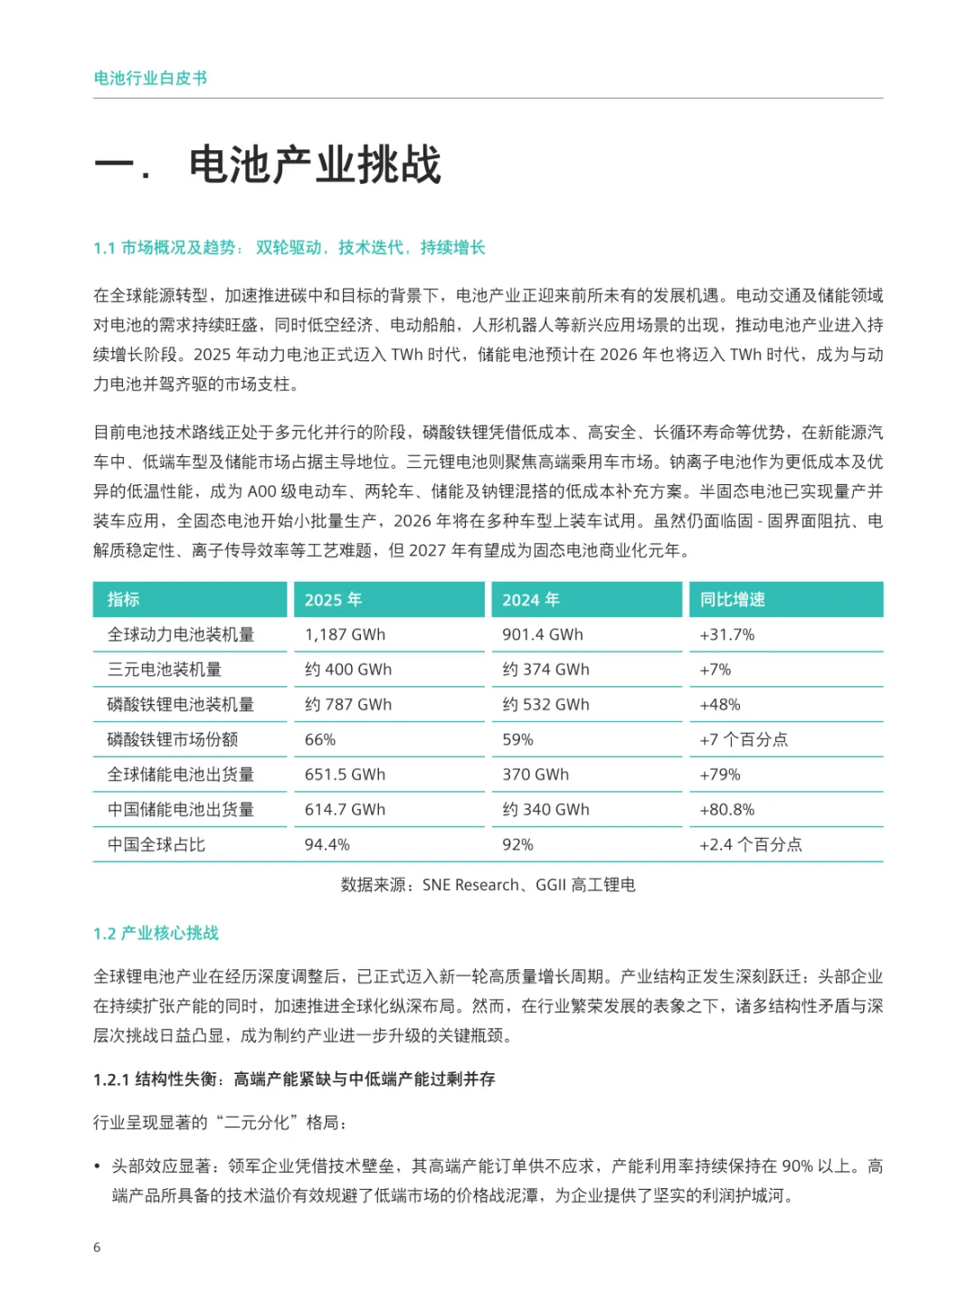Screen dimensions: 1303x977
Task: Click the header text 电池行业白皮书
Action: pyautogui.click(x=150, y=79)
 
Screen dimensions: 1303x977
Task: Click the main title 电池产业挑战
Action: pyautogui.click(x=315, y=166)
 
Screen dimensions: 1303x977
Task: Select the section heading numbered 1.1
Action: pyautogui.click(x=289, y=248)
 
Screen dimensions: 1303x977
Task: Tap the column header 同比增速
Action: pyautogui.click(x=732, y=600)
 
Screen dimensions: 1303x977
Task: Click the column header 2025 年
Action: pyautogui.click(x=333, y=600)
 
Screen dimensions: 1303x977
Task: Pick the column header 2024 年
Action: pyautogui.click(x=531, y=600)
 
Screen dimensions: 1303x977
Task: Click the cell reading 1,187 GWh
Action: pyautogui.click(x=345, y=635)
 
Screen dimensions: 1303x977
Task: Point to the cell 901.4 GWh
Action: pyautogui.click(x=543, y=635)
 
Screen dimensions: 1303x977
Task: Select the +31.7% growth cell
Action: pyautogui.click(x=726, y=635)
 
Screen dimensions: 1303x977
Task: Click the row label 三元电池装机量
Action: pyautogui.click(x=165, y=670)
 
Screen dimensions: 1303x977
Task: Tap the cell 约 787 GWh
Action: pyautogui.click(x=348, y=705)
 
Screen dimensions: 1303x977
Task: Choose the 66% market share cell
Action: pyautogui.click(x=320, y=740)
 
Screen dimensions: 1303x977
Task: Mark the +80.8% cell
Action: pyautogui.click(x=726, y=810)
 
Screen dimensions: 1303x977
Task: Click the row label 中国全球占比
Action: pyautogui.click(x=157, y=845)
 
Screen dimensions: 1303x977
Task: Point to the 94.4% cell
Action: pyautogui.click(x=327, y=845)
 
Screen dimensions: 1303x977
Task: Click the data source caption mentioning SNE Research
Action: pyautogui.click(x=488, y=885)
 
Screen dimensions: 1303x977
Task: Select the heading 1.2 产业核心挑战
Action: pyautogui.click(x=156, y=934)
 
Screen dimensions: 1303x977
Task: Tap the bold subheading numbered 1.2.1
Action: pyautogui.click(x=294, y=1079)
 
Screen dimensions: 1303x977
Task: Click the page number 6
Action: pyautogui.click(x=97, y=1248)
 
